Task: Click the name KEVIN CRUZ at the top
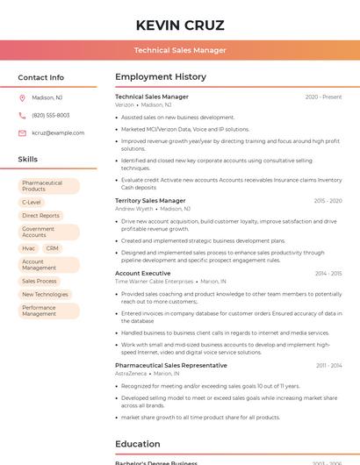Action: [180, 25]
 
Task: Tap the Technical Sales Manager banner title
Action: [180, 50]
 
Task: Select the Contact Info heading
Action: [41, 77]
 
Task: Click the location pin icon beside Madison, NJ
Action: [22, 98]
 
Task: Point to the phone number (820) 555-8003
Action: [51, 115]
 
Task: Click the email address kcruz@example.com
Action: [58, 132]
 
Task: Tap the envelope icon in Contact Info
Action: [22, 132]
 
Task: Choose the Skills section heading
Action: [28, 160]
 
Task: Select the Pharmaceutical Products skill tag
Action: [48, 186]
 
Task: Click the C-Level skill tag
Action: [32, 202]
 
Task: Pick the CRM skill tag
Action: [53, 248]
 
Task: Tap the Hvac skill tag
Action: [29, 248]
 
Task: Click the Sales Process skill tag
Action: [40, 281]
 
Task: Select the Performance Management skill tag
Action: [48, 311]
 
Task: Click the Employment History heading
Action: [161, 77]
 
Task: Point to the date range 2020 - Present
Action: [323, 97]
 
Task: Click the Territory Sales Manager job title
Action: [150, 201]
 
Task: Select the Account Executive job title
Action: [143, 273]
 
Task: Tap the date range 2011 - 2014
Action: [329, 365]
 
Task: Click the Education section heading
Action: [138, 444]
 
